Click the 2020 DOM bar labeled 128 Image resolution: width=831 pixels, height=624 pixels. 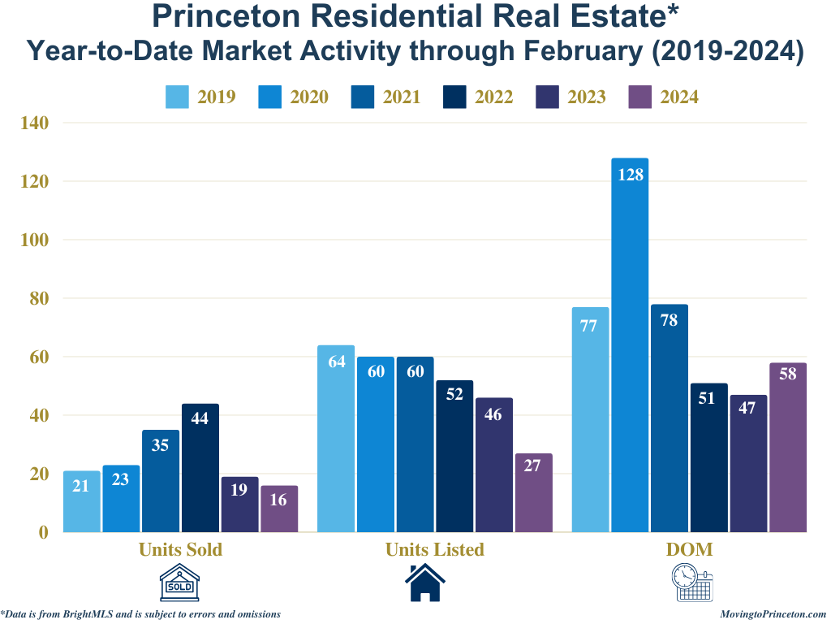click(x=630, y=345)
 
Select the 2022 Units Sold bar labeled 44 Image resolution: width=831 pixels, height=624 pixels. click(x=200, y=468)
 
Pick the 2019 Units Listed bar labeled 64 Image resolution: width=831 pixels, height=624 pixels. click(x=336, y=439)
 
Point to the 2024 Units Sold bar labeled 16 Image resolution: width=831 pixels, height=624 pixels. click(x=279, y=509)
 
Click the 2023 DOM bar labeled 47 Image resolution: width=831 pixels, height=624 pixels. click(x=748, y=464)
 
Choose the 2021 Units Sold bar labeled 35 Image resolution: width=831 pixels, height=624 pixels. click(x=161, y=481)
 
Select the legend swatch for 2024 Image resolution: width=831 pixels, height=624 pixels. click(x=641, y=97)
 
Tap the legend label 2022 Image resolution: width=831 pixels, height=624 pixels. click(x=493, y=97)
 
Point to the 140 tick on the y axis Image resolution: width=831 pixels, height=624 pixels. click(x=37, y=123)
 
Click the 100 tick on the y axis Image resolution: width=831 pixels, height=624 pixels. click(x=37, y=240)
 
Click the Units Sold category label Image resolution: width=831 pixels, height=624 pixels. click(x=180, y=549)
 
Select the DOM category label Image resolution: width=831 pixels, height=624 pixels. click(x=689, y=549)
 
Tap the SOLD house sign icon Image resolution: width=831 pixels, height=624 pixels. click(x=179, y=583)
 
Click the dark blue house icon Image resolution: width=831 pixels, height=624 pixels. click(x=425, y=583)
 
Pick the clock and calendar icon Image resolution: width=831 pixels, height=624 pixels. click(x=692, y=583)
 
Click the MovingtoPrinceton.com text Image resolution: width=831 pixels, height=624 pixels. click(x=773, y=615)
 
